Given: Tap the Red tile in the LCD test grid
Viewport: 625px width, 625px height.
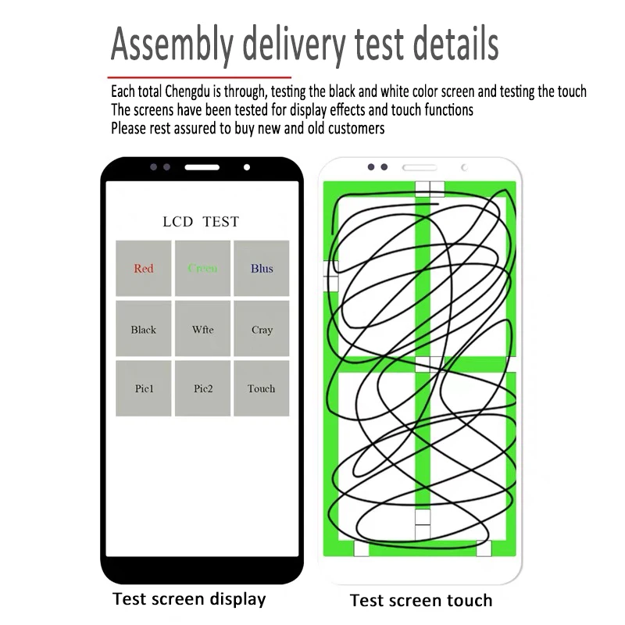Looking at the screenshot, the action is coord(144,268).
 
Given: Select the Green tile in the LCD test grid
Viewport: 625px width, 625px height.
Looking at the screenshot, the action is coord(202,268).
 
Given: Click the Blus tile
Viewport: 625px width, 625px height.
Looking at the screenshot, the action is coord(262,268).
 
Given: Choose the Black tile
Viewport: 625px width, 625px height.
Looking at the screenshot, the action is coord(144,328).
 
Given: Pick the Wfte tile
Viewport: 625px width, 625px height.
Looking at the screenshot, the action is coord(202,328).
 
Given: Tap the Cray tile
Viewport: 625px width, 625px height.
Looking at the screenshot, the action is coord(262,328).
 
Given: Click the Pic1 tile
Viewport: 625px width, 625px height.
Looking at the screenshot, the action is coord(144,388).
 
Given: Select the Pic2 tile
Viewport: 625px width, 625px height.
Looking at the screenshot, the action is coord(202,388).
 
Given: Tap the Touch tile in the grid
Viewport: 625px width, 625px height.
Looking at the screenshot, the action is coord(262,388).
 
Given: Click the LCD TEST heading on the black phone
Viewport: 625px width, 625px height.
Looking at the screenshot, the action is coord(201,222).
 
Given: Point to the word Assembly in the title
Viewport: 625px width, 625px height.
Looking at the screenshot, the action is coord(172,45).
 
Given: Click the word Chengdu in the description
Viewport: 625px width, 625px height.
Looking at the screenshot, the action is coord(187,92).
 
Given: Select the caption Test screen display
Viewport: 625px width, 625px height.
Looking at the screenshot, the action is coord(189,599).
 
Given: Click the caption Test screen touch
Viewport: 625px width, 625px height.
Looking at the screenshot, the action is coord(421,600).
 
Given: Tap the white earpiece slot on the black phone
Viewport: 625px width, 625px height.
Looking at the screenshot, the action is coord(202,167).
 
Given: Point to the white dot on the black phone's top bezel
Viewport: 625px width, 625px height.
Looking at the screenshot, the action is coord(247,167).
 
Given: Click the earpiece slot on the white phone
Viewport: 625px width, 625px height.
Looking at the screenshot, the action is coord(420,167).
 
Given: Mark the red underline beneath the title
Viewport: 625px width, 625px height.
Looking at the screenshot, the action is coord(199,77).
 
